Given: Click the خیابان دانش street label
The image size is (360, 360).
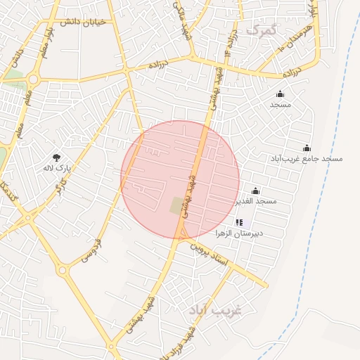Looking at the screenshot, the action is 82,22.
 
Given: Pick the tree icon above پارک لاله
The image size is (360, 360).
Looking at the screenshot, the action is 56,157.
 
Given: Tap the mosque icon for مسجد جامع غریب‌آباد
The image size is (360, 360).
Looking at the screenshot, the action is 307,148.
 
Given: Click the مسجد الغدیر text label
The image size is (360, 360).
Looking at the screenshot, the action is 257,201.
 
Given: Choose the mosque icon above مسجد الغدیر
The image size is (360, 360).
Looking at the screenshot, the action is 255,191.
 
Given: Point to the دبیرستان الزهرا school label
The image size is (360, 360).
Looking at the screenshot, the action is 257,233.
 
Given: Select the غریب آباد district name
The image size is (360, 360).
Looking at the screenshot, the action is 215,310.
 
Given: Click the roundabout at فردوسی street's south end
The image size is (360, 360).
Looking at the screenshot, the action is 63,269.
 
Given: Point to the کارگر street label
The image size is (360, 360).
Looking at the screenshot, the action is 62,187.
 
